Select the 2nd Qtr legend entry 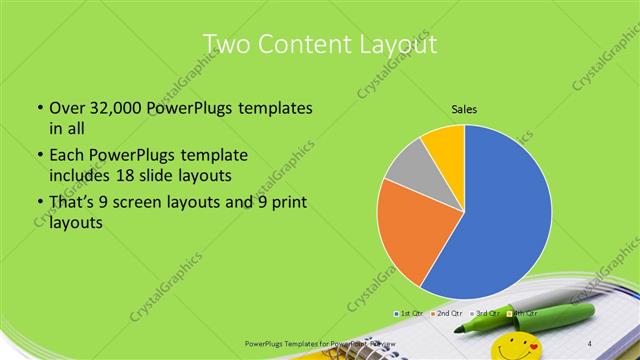click(446, 314)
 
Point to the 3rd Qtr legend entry click(485, 314)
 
